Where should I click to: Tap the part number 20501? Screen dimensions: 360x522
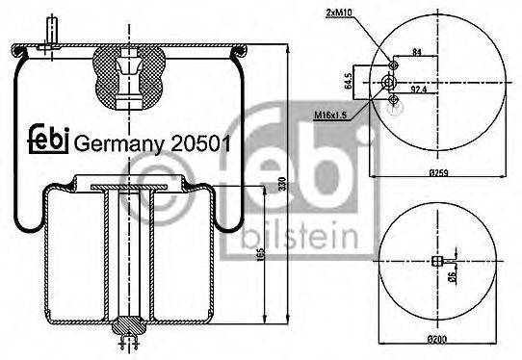click(200, 143)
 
